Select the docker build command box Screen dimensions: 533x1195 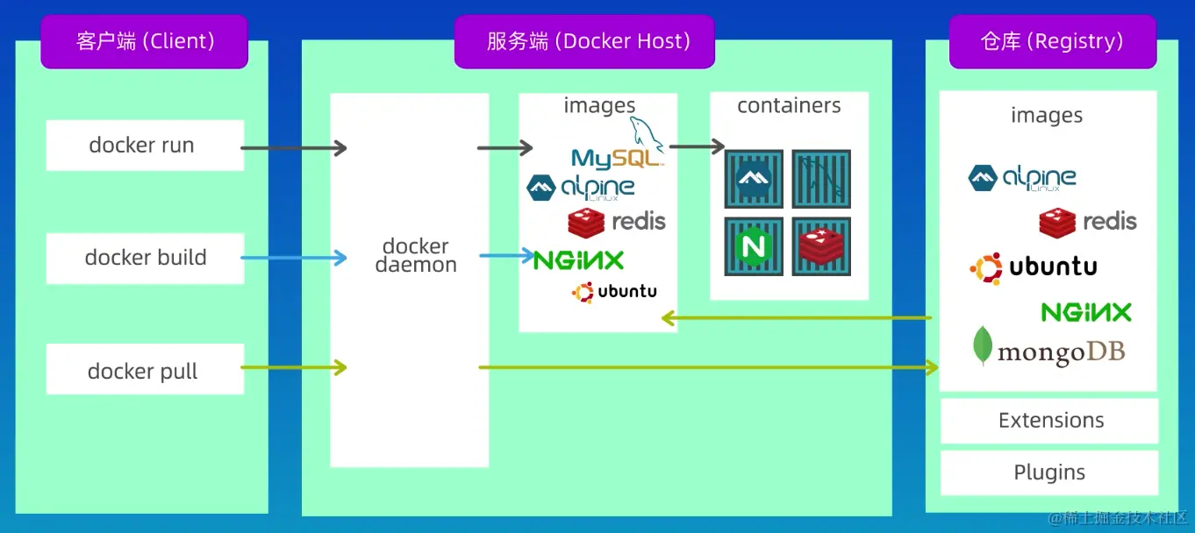145,258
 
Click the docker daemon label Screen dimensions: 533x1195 416,255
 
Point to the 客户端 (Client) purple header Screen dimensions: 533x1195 145,41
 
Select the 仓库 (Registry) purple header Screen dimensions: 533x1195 1051,41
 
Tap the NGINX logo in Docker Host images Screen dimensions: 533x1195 579,259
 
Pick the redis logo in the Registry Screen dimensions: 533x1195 1088,222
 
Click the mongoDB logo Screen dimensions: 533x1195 1048,348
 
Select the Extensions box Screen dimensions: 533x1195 1050,421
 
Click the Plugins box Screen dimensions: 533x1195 1050,473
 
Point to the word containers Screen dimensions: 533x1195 789,106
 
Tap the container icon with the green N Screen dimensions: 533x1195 754,246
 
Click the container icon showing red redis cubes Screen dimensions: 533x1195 821,246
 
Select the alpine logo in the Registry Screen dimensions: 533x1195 1022,178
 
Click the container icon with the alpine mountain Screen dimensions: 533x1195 754,179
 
